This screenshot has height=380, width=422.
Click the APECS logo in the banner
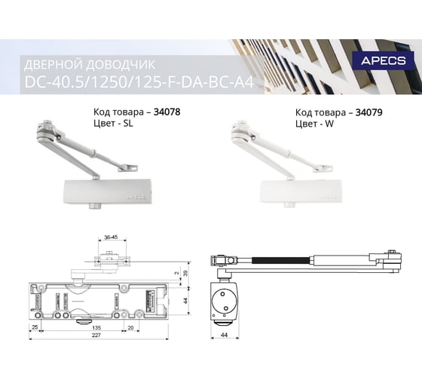[384, 60]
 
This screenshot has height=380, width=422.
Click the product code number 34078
[167, 112]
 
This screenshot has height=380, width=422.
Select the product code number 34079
[368, 112]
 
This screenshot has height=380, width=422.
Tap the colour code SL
[128, 124]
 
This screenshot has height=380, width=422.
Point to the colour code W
[329, 124]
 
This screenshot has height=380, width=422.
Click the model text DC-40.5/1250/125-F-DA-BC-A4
[139, 82]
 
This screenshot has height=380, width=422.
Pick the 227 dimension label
[96, 335]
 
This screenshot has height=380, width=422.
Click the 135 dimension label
[96, 327]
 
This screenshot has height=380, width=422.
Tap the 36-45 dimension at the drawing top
[112, 237]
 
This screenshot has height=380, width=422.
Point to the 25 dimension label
[35, 327]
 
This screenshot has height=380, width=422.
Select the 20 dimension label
[130, 327]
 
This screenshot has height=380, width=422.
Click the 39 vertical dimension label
[185, 274]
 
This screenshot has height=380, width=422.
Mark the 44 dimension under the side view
[224, 335]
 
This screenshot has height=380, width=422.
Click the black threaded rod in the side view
[280, 260]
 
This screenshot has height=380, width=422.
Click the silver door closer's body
[108, 192]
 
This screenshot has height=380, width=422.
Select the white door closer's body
[301, 192]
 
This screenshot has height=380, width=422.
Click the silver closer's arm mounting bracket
[128, 168]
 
